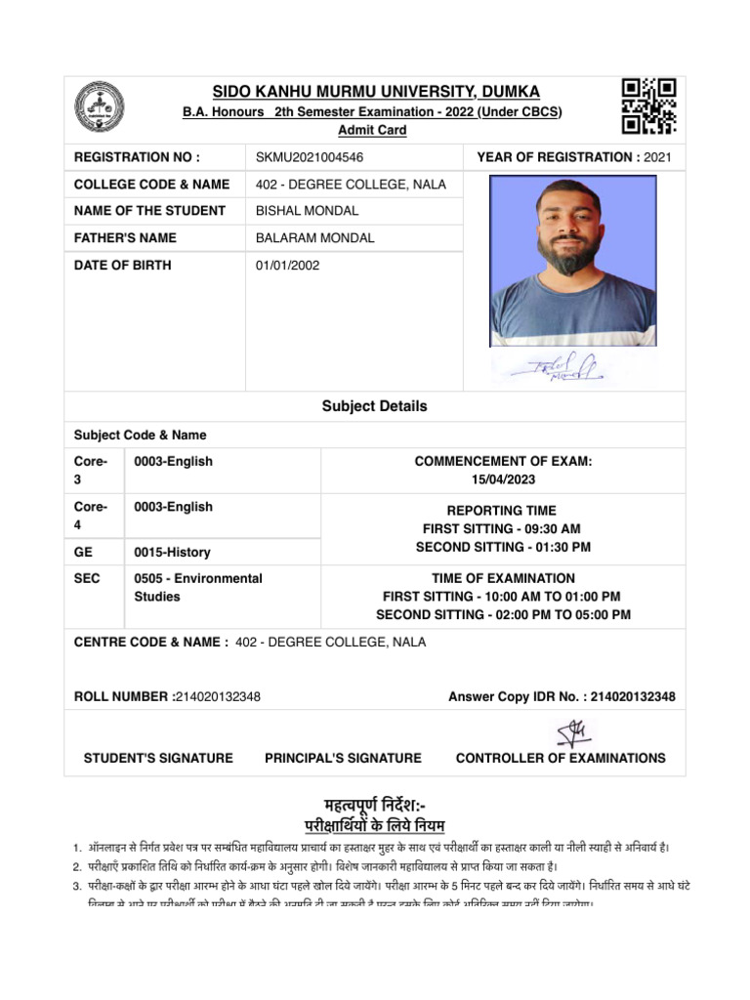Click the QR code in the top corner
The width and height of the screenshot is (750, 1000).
649,106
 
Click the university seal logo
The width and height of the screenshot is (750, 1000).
101,106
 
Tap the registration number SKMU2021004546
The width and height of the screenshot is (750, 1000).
302,157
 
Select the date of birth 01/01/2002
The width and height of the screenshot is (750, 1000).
287,265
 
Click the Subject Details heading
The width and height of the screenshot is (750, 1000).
375,406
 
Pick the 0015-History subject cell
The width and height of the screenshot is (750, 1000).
172,553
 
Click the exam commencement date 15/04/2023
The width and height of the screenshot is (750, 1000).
503,479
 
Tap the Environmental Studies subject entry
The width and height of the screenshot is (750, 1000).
197,587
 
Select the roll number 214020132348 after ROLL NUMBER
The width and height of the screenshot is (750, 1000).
217,696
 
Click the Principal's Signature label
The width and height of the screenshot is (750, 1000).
343,758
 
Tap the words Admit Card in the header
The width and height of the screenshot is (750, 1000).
372,130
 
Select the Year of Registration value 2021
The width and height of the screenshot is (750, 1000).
658,157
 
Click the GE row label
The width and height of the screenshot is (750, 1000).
84,553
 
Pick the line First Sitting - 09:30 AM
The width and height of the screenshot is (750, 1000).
502,528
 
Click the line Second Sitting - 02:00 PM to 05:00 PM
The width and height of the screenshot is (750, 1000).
503,614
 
